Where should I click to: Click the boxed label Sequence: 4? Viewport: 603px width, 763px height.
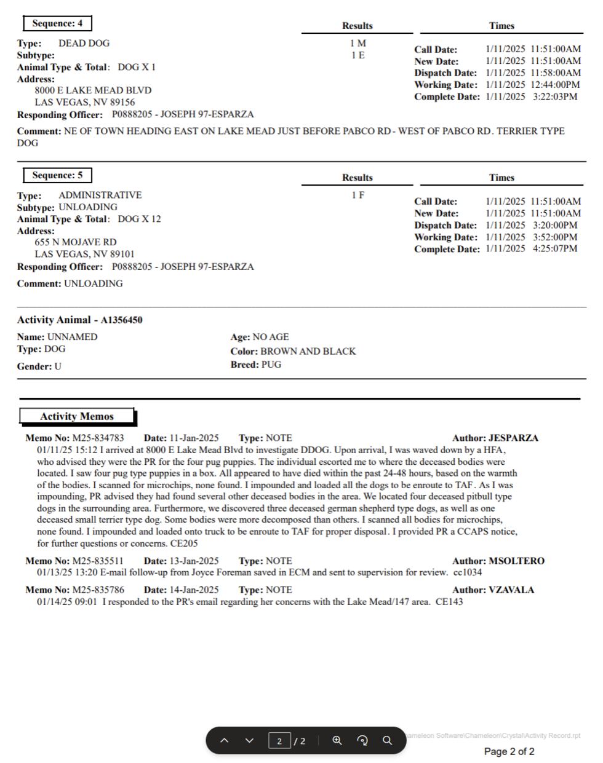point(57,23)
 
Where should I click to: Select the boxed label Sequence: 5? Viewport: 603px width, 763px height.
point(57,175)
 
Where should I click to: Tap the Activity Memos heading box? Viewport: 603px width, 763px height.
point(77,416)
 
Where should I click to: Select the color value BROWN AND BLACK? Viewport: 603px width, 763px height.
point(308,351)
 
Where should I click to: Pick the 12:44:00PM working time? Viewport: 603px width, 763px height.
point(555,85)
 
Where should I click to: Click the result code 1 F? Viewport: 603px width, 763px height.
point(357,195)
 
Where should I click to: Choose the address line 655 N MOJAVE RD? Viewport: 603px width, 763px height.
point(76,242)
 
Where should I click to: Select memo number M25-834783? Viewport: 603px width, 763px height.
point(98,438)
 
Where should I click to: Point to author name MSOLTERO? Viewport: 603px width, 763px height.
point(516,561)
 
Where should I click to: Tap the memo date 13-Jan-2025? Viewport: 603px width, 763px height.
point(194,561)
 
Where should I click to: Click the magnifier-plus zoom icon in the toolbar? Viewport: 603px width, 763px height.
point(337,740)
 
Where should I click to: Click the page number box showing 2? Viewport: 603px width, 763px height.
point(279,741)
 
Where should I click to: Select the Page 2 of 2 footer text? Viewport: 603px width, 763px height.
point(509,751)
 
